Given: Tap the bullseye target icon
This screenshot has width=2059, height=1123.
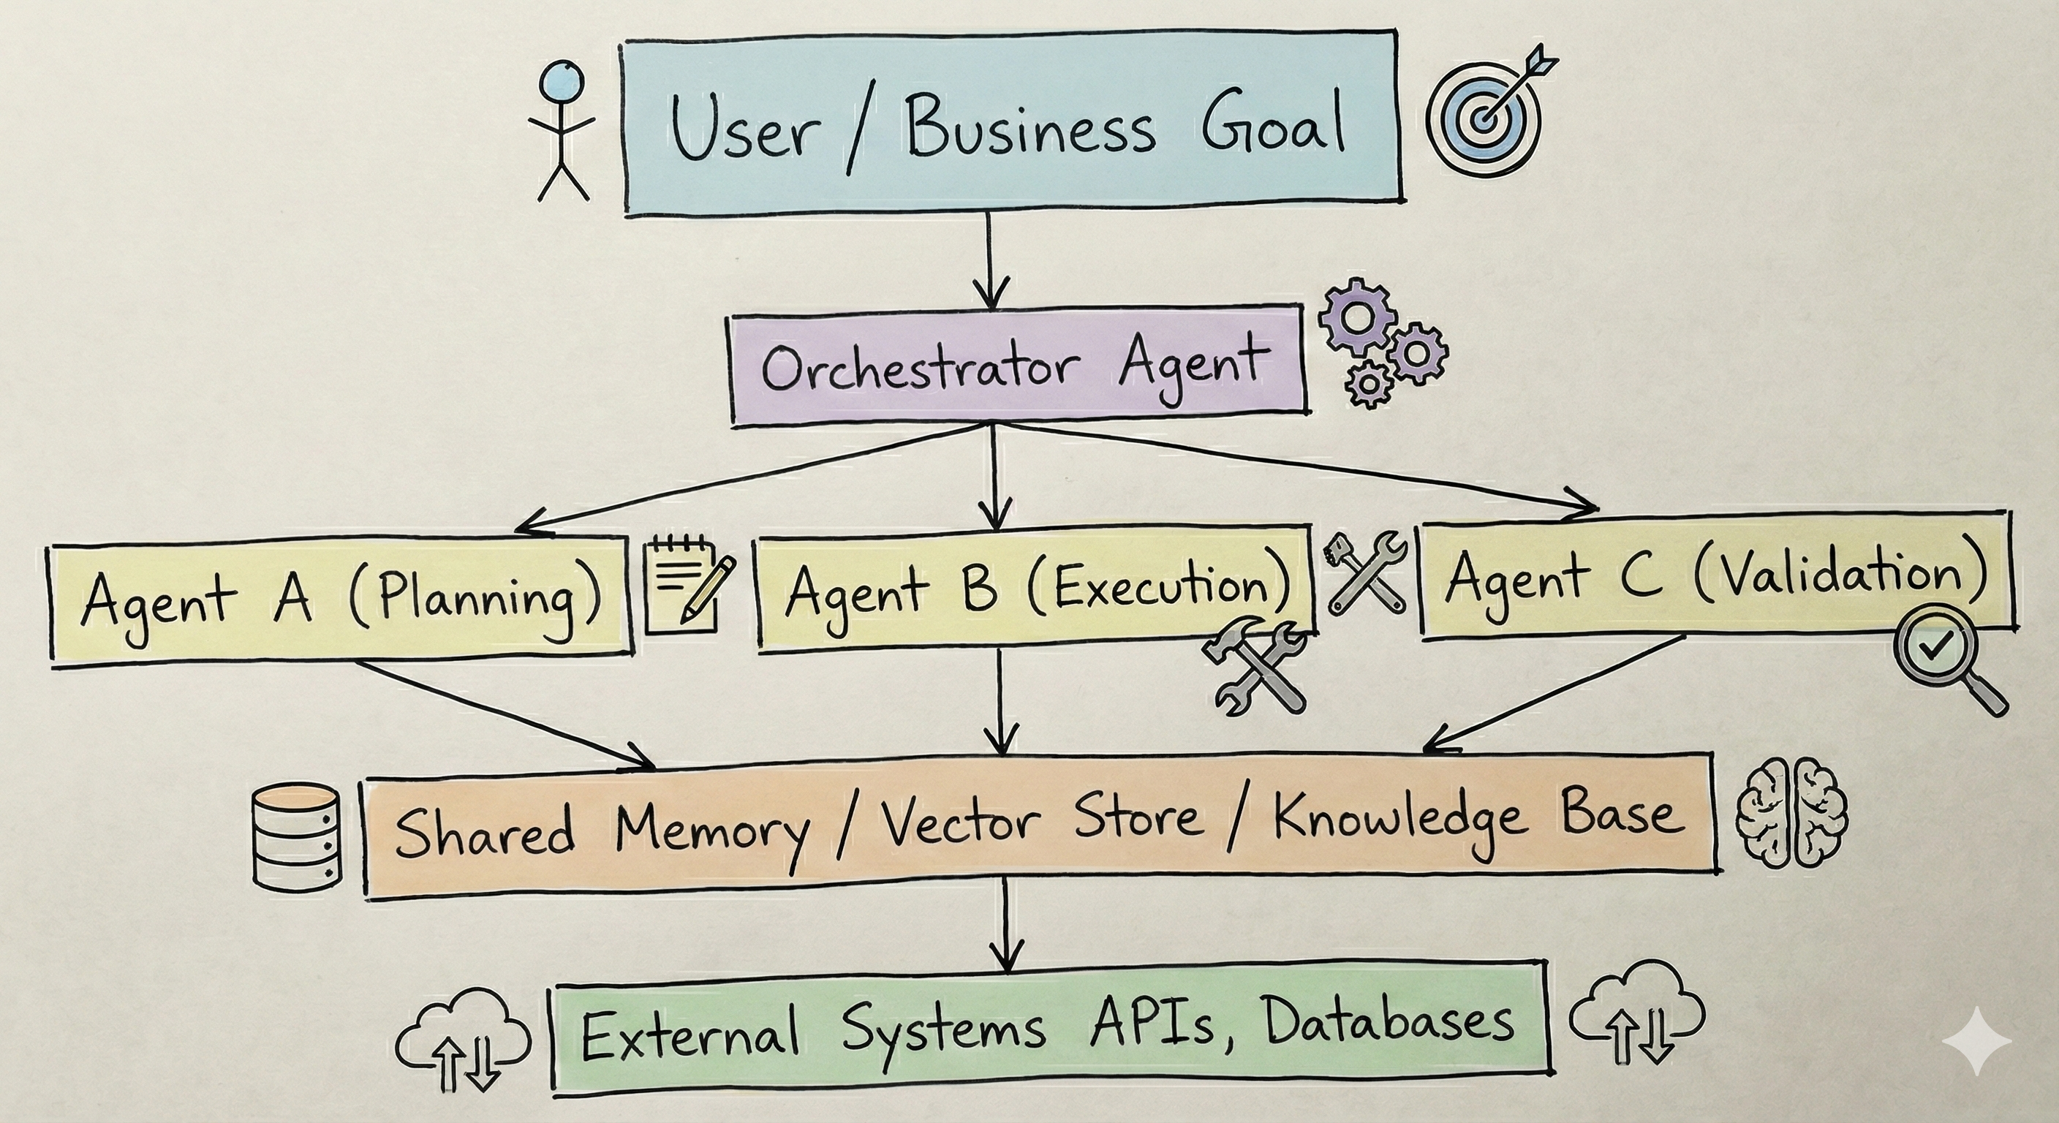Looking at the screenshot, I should click(x=1486, y=118).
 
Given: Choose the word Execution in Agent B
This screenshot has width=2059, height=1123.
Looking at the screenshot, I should click(x=1159, y=588).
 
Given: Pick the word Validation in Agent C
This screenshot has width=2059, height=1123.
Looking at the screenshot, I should click(x=1838, y=575).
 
